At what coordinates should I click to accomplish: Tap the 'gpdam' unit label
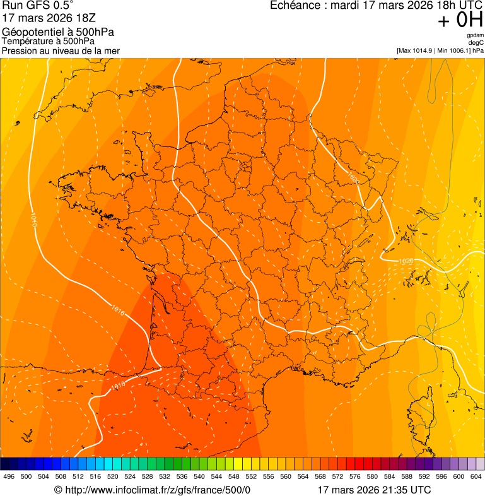tap(475, 35)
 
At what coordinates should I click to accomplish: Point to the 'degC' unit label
tap(476, 42)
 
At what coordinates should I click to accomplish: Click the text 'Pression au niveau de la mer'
tap(61, 50)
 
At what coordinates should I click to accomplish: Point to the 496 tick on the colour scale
tap(9, 476)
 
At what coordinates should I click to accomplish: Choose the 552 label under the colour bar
tap(250, 476)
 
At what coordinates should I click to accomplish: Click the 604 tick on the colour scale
tap(476, 476)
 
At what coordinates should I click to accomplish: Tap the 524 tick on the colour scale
tap(130, 476)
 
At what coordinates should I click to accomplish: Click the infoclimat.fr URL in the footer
tap(158, 490)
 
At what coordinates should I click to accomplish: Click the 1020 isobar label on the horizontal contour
tap(406, 261)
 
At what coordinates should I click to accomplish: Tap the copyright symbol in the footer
tap(58, 490)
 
